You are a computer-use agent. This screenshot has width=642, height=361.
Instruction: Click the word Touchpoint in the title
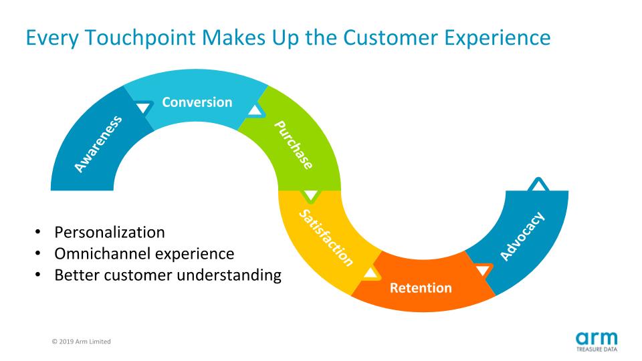(x=140, y=38)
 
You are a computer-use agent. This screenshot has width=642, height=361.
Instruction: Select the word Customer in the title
(x=391, y=37)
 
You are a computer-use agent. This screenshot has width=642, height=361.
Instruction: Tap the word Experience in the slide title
(x=498, y=38)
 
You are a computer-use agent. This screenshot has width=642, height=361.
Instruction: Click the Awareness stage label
(x=98, y=144)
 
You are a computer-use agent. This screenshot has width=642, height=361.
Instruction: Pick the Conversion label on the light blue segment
(x=197, y=102)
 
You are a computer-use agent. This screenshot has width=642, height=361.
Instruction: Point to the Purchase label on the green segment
(x=294, y=144)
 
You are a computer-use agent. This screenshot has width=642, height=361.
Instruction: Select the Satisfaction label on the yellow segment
(x=326, y=238)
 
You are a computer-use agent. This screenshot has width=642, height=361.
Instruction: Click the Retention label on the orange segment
(x=421, y=287)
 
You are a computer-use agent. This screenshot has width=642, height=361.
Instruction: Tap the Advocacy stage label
(x=522, y=236)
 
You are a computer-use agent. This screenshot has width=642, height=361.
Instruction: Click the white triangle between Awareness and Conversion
(x=143, y=108)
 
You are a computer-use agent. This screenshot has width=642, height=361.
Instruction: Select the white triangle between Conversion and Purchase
(x=255, y=110)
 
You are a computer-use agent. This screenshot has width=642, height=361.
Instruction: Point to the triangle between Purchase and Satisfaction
(x=311, y=195)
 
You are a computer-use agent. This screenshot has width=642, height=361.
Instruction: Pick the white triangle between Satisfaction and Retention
(x=370, y=273)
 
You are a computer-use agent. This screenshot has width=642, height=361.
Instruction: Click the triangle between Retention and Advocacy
(x=483, y=270)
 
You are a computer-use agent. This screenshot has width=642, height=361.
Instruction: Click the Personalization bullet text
(x=110, y=233)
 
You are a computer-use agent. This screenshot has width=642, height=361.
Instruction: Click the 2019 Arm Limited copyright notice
(x=81, y=342)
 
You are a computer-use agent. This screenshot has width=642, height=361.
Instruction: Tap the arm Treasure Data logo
(x=597, y=342)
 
